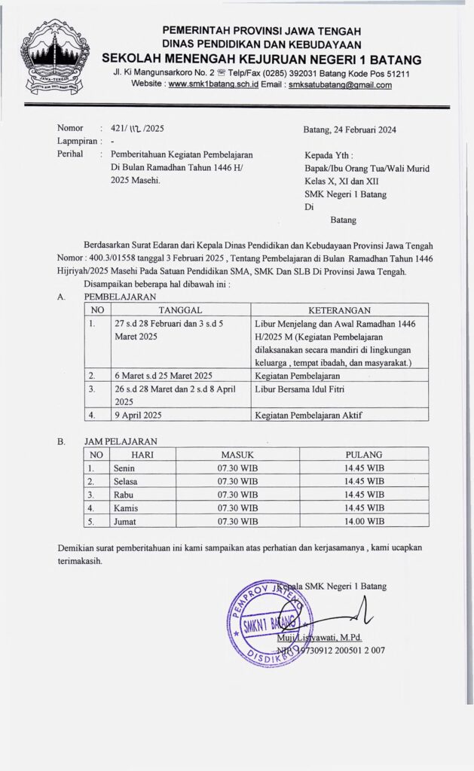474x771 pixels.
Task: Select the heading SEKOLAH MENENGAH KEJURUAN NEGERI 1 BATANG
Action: [261, 59]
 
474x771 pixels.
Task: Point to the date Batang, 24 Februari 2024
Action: [349, 129]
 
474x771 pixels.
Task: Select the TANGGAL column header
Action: [179, 309]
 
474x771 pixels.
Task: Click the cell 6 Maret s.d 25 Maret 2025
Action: [157, 374]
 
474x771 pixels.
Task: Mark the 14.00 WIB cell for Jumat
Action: [364, 520]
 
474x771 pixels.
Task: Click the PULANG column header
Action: [364, 454]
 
